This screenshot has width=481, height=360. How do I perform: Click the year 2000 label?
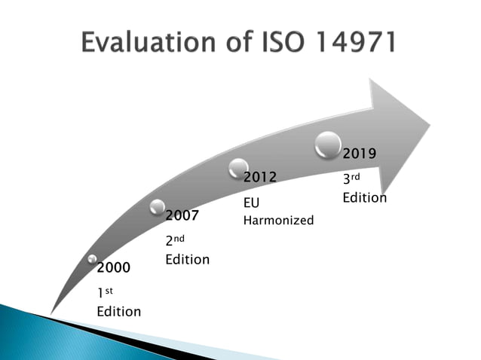pos(113,267)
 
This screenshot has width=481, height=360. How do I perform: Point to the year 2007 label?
pos(182,215)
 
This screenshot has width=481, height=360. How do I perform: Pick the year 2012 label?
pos(259,177)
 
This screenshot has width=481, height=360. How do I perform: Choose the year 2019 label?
pos(360,153)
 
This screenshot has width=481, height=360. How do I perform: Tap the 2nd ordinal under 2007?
pos(175,240)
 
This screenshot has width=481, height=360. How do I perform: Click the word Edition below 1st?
pos(118,311)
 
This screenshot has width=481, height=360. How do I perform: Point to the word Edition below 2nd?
pos(188,259)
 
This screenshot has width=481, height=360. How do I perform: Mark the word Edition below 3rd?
pos(365,198)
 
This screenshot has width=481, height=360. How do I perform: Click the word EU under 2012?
pos(251,203)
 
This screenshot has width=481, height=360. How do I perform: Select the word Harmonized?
pos(278,221)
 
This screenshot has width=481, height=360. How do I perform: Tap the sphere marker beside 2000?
pos(92,259)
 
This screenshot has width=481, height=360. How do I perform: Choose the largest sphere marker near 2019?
pos(328,145)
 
